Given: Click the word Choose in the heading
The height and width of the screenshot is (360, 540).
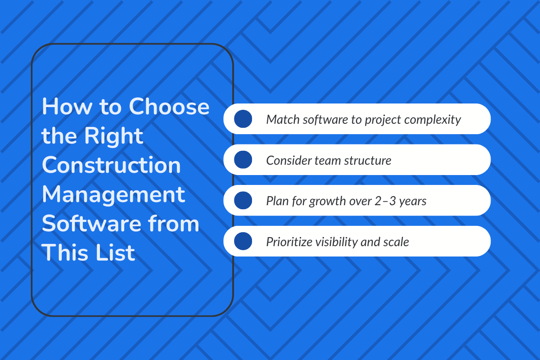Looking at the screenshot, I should [169, 107].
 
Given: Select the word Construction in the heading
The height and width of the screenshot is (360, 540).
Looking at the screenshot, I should [111, 166].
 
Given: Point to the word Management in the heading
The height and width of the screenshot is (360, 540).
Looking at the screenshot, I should [113, 195].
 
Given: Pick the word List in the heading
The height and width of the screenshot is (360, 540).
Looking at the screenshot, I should [114, 253].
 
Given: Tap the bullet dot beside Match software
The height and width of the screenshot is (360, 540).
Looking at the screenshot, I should [243, 119].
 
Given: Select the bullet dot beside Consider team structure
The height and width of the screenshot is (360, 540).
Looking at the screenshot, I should [243, 160].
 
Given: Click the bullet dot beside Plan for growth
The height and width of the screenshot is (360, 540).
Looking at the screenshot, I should [243, 200].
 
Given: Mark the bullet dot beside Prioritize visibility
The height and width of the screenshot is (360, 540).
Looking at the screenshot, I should [243, 241].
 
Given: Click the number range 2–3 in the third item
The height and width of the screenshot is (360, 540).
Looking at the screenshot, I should [383, 201].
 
